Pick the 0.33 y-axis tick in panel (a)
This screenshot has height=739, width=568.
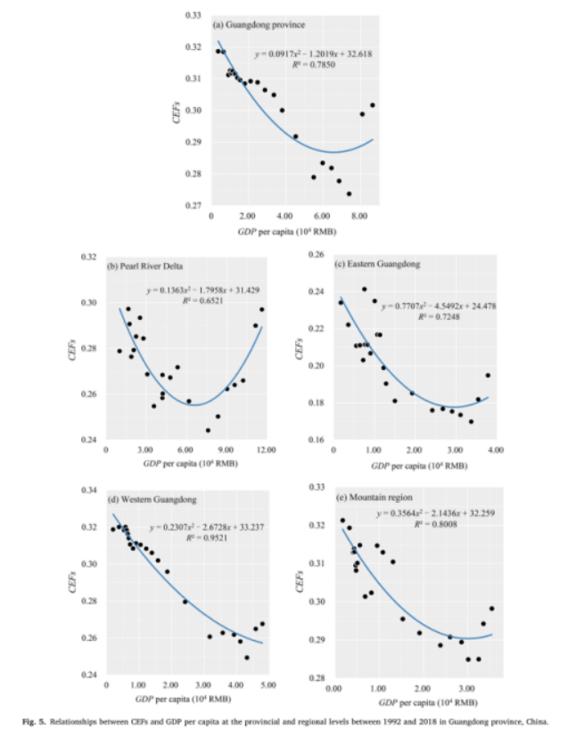[x=192, y=15]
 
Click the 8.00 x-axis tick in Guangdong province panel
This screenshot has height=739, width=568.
[x=358, y=216]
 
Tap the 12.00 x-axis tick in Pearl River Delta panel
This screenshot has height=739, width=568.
[x=265, y=450]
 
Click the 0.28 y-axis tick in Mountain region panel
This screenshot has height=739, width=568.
[x=316, y=678]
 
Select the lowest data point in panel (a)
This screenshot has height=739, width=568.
[x=349, y=193]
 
